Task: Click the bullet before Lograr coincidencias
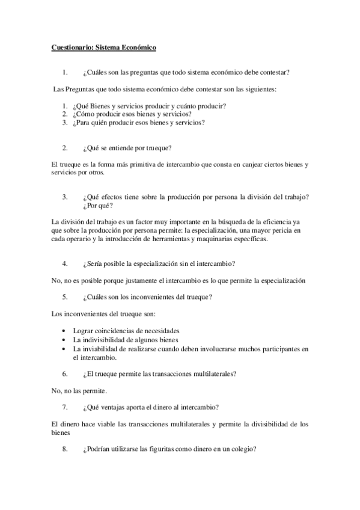(64, 331)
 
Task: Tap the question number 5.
(65, 297)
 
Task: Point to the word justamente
(125, 280)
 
